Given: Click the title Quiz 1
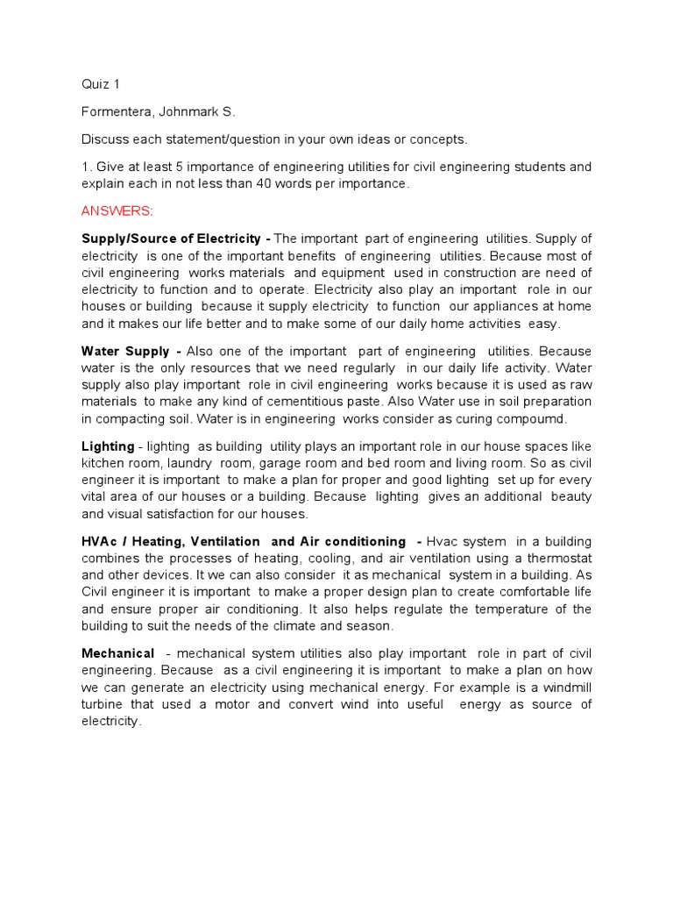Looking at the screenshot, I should pyautogui.click(x=101, y=84).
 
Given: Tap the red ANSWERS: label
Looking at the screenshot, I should pyautogui.click(x=117, y=211).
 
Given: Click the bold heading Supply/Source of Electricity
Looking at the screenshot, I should pyautogui.click(x=171, y=239).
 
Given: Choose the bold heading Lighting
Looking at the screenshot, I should pyautogui.click(x=108, y=446).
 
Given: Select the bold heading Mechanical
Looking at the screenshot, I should pyautogui.click(x=118, y=653).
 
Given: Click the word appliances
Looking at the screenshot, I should pyautogui.click(x=503, y=306).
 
